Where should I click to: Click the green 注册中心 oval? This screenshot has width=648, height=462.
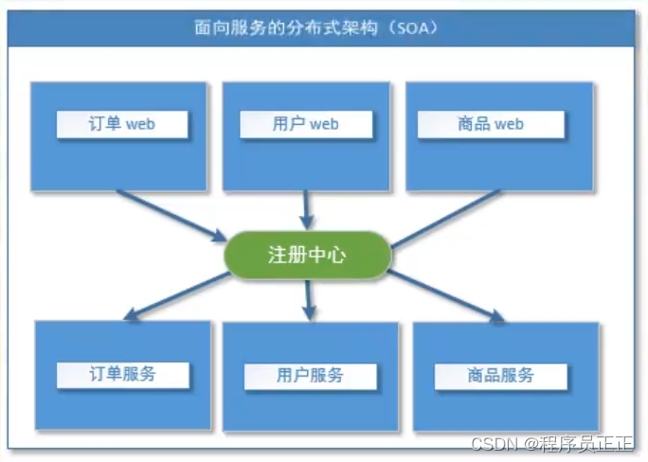[x=306, y=256]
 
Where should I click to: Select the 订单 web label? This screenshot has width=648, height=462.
[x=121, y=124]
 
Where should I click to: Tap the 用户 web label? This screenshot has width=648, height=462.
[x=305, y=124]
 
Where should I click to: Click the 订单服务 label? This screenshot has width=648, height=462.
[x=122, y=373]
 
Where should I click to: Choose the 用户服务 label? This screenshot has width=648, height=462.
[x=310, y=376]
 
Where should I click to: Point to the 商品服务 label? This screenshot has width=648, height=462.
[x=500, y=375]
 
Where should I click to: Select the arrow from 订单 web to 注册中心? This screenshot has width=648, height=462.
[x=171, y=214]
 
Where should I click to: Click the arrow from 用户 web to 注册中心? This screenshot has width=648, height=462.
[x=306, y=208]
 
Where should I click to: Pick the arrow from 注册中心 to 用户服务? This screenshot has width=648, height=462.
[x=308, y=299]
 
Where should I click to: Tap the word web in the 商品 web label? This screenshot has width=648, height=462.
[x=508, y=124]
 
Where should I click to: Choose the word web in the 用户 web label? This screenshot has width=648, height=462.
[x=324, y=124]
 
